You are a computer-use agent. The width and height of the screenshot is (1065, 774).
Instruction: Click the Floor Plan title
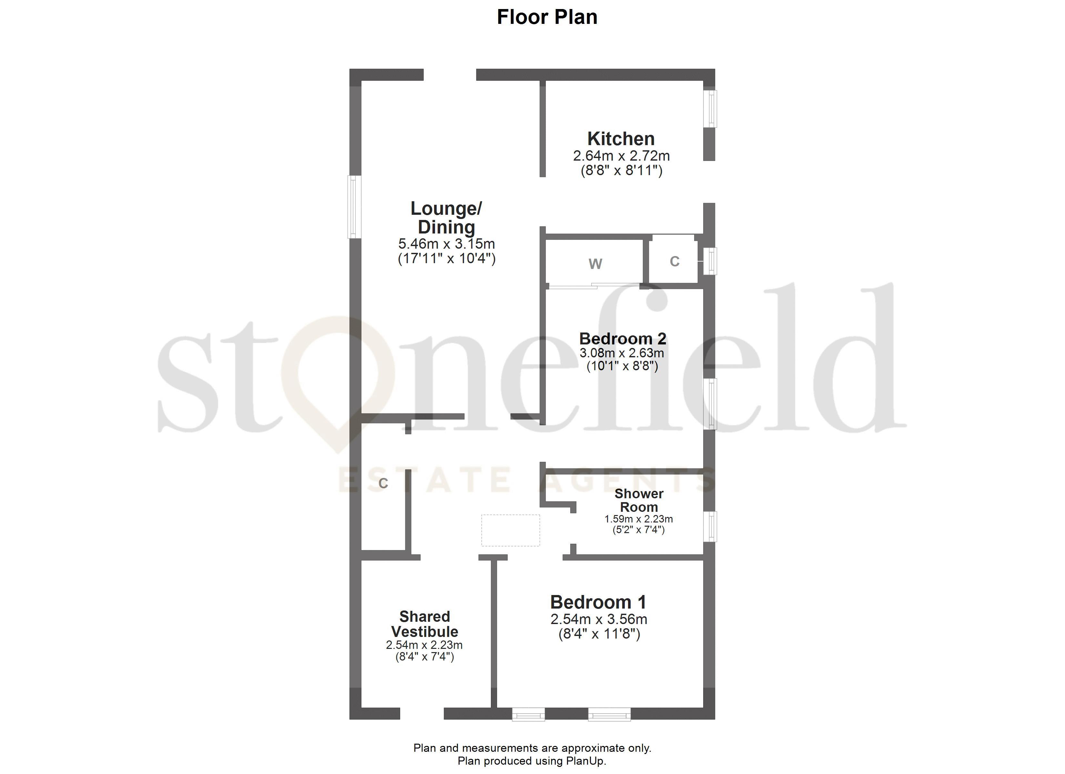pos(547,17)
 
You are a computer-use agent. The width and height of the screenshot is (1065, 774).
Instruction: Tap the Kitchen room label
pos(621,139)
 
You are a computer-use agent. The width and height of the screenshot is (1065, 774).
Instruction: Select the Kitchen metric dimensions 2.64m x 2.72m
pos(621,156)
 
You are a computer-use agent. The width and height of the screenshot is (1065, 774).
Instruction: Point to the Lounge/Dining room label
pos(446,218)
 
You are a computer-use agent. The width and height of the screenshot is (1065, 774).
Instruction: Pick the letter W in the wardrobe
pos(595,264)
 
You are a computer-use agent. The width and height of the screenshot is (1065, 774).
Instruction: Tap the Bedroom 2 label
pos(623,338)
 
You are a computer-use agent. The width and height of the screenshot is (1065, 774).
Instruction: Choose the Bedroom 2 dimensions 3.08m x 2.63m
pos(622,353)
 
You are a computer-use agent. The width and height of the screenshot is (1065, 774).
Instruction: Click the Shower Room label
pos(639,500)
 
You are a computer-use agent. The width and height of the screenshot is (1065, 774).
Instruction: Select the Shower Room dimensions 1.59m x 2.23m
pos(639,519)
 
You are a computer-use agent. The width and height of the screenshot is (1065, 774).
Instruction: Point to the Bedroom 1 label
pos(598,602)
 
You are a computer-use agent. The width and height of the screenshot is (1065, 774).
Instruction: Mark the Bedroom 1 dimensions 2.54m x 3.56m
pos(599,620)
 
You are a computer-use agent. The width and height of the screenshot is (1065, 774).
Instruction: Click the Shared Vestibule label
pos(424,624)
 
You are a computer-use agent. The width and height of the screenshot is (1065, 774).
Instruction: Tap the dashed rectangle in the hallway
pos(511,531)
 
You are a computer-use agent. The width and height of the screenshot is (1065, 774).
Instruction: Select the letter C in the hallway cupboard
pos(383,483)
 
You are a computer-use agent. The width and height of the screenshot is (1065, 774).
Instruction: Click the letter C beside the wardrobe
pos(674,262)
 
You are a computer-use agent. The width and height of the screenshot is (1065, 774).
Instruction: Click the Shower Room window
pos(712,526)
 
